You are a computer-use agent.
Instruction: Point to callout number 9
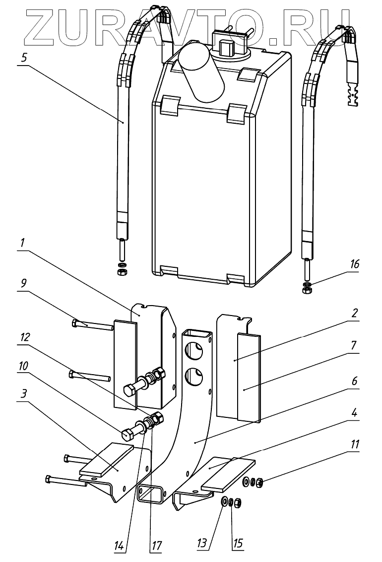pos(23,284)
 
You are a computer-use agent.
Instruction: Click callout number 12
pos(23,336)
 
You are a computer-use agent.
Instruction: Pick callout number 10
pos(23,366)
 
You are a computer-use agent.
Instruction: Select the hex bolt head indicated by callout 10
pos(127,433)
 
